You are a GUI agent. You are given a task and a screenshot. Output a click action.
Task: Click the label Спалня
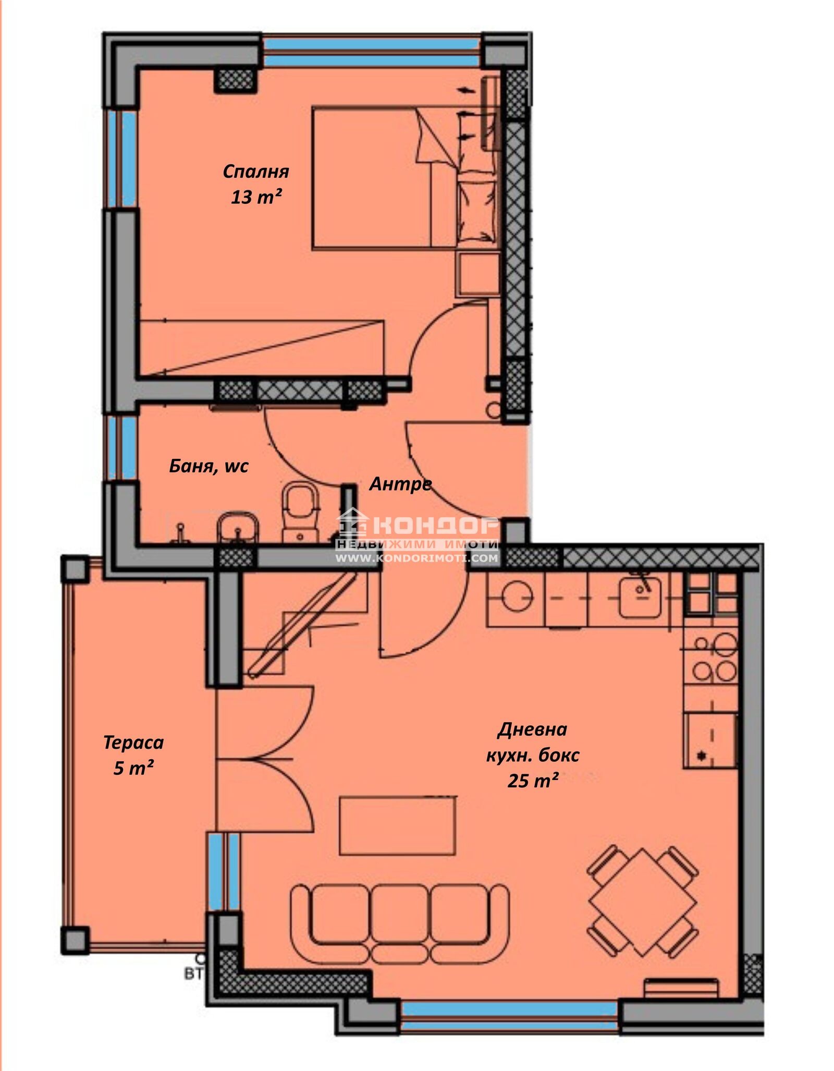click(255, 172)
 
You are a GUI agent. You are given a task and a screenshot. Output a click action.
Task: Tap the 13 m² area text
click(256, 197)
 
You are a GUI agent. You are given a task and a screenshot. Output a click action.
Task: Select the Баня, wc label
click(208, 466)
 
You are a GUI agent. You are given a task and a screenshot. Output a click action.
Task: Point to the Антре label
click(400, 484)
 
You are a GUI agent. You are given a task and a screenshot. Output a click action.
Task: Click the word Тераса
click(133, 743)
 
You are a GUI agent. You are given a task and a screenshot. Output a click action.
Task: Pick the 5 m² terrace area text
click(133, 768)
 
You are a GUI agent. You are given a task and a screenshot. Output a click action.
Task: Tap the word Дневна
click(532, 729)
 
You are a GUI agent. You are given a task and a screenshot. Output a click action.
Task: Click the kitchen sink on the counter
click(640, 598)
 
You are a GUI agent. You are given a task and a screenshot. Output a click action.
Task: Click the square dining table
click(643, 902)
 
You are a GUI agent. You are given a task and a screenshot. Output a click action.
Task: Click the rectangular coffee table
click(398, 826)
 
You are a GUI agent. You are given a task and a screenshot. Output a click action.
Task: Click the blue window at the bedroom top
click(372, 51)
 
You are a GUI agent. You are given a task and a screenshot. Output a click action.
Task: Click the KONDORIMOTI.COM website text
click(417, 558)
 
